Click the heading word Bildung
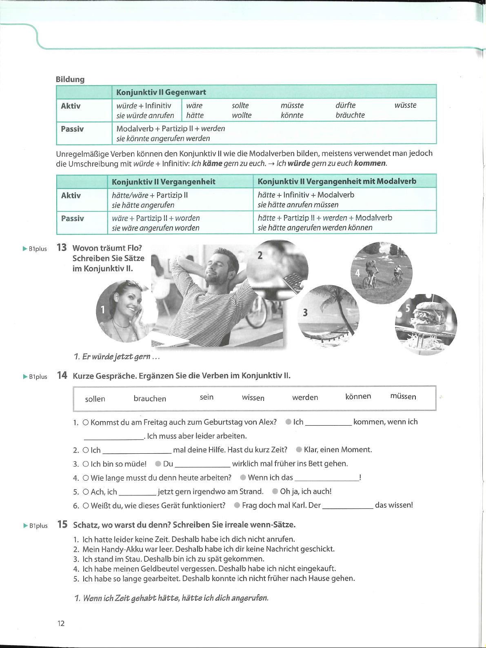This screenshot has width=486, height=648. point(70,79)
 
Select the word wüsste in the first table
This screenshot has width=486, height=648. point(405,105)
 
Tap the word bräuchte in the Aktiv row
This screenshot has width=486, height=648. point(350,115)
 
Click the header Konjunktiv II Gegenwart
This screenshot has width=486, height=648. point(161,92)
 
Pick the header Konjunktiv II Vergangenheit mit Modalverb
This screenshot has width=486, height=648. point(337,181)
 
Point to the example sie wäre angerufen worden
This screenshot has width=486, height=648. point(155,228)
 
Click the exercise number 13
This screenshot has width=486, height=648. point(62,248)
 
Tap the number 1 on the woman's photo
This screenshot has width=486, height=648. point(103,310)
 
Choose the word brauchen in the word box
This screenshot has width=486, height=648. point(150,399)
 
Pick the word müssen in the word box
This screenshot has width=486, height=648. point(403,397)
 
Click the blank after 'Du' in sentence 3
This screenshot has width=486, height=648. point(202,464)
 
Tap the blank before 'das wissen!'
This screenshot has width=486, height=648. point(348,506)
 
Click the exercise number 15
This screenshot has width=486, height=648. point(62,524)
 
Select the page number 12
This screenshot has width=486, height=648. point(61,623)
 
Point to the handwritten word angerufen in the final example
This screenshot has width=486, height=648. point(250,598)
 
